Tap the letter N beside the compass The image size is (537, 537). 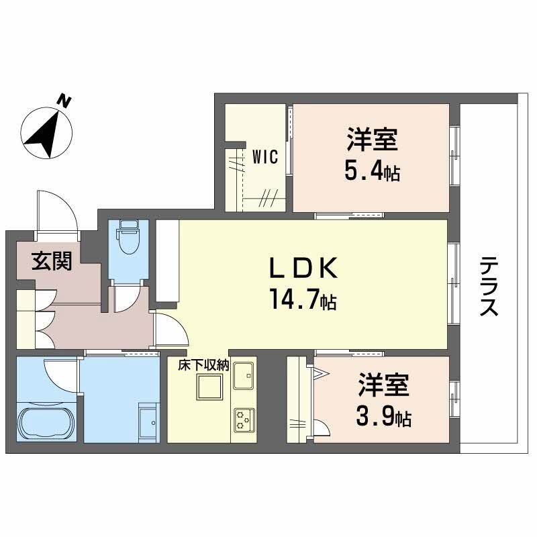click(x=64, y=101)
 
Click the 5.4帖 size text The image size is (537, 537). click(x=372, y=172)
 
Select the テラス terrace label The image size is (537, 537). click(x=489, y=288)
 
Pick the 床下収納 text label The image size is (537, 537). click(x=203, y=366)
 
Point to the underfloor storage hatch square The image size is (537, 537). click(x=208, y=388)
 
